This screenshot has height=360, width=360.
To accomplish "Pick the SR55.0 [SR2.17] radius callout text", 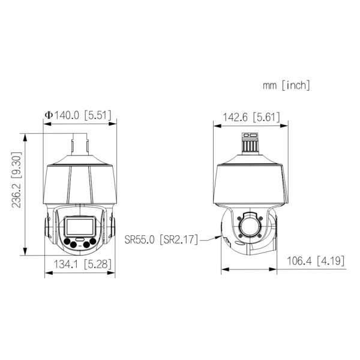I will (x=161, y=239).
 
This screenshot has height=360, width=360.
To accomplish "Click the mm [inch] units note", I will (x=286, y=86).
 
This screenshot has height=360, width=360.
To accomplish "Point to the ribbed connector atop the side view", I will (x=248, y=142).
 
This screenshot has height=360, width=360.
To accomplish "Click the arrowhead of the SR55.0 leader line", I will (x=220, y=238).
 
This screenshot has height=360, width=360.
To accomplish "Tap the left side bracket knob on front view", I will (x=46, y=231).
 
